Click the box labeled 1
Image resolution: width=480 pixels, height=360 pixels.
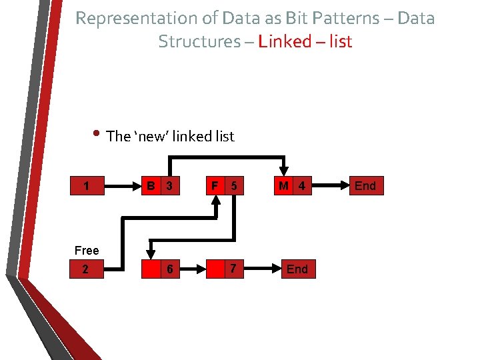89,186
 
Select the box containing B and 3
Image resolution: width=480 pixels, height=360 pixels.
161,186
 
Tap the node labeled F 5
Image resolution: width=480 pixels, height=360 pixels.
224,186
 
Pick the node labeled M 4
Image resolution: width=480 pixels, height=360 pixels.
292,186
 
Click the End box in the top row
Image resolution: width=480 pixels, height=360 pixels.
365,186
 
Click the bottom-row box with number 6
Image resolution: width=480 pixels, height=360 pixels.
161,269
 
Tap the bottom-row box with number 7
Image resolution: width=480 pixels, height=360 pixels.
224,269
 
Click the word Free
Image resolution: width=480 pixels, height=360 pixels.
87,251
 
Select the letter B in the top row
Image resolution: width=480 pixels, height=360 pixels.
152,186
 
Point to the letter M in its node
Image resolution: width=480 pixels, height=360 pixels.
284,186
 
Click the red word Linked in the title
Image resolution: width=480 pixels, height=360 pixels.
285,41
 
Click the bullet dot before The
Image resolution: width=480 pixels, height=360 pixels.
97,134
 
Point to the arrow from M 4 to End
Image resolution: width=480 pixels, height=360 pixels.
330,186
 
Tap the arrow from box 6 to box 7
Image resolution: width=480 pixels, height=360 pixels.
193,269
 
